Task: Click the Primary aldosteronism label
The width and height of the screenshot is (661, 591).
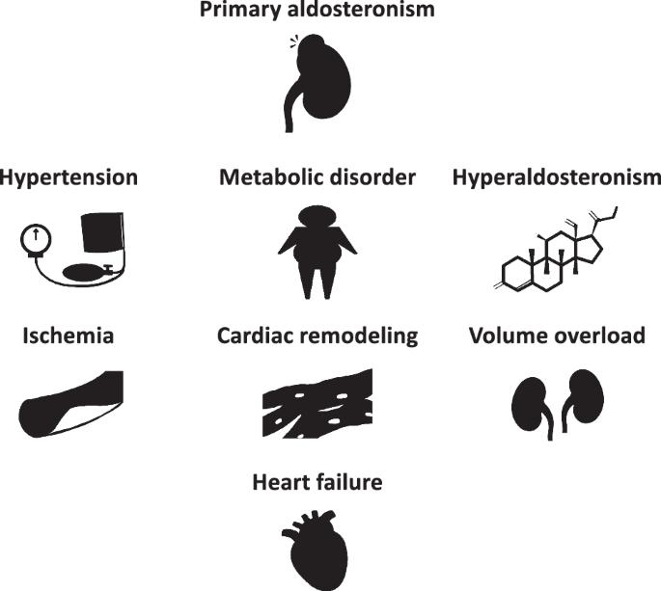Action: click(x=317, y=9)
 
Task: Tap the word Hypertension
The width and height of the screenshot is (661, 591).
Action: click(x=69, y=178)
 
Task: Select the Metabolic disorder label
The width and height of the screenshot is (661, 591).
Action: click(x=317, y=177)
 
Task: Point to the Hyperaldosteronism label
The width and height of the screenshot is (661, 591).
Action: click(x=557, y=178)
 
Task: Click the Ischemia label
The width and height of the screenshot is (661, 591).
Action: click(x=69, y=336)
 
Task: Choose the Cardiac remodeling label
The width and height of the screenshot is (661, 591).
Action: click(x=317, y=336)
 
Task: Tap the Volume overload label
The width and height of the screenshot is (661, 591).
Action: click(x=557, y=336)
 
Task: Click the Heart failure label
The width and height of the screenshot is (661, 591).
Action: click(x=317, y=482)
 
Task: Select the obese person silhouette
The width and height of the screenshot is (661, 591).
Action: click(x=317, y=252)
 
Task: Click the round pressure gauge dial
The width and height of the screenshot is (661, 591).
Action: click(x=36, y=239)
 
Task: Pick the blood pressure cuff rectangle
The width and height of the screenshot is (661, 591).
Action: click(x=103, y=232)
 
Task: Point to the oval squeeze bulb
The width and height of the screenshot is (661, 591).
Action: click(x=82, y=272)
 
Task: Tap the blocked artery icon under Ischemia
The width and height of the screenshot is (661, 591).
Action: click(x=70, y=402)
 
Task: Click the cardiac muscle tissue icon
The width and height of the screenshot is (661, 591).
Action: click(x=317, y=404)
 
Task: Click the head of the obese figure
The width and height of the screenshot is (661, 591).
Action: click(x=317, y=216)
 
